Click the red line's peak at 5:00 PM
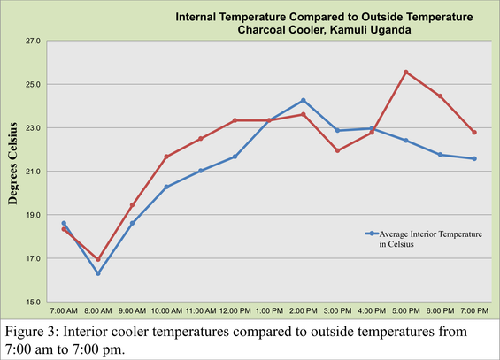pyautogui.click(x=405, y=72)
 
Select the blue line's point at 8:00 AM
pyautogui.click(x=98, y=273)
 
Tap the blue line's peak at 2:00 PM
pyautogui.click(x=304, y=100)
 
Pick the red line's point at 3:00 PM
pyautogui.click(x=337, y=150)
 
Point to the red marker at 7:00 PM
pyautogui.click(x=474, y=133)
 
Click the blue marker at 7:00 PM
pyautogui.click(x=474, y=158)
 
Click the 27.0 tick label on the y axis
pyautogui.click(x=34, y=41)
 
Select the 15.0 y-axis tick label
pyautogui.click(x=34, y=302)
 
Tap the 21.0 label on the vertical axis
pyautogui.click(x=34, y=171)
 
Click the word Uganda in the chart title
pyautogui.click(x=377, y=28)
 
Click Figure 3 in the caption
pyautogui.click(x=34, y=331)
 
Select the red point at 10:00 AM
pyautogui.click(x=166, y=157)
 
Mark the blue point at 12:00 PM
pyautogui.click(x=235, y=157)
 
